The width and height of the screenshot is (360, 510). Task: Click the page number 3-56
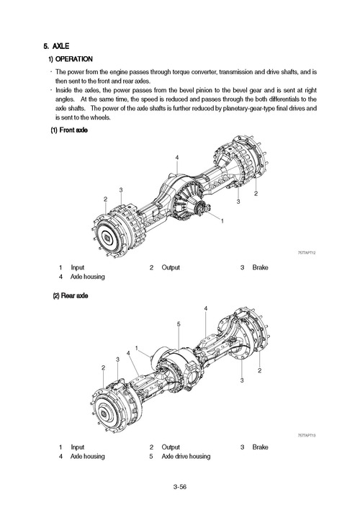181,488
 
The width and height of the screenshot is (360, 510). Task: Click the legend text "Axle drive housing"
186,457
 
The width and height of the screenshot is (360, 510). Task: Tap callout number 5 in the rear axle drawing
178,324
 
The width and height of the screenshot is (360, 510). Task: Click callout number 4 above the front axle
176,158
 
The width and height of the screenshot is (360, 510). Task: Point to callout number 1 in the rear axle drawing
137,349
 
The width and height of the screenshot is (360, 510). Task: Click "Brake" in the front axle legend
261,267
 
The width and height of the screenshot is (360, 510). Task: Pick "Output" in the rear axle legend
171,447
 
